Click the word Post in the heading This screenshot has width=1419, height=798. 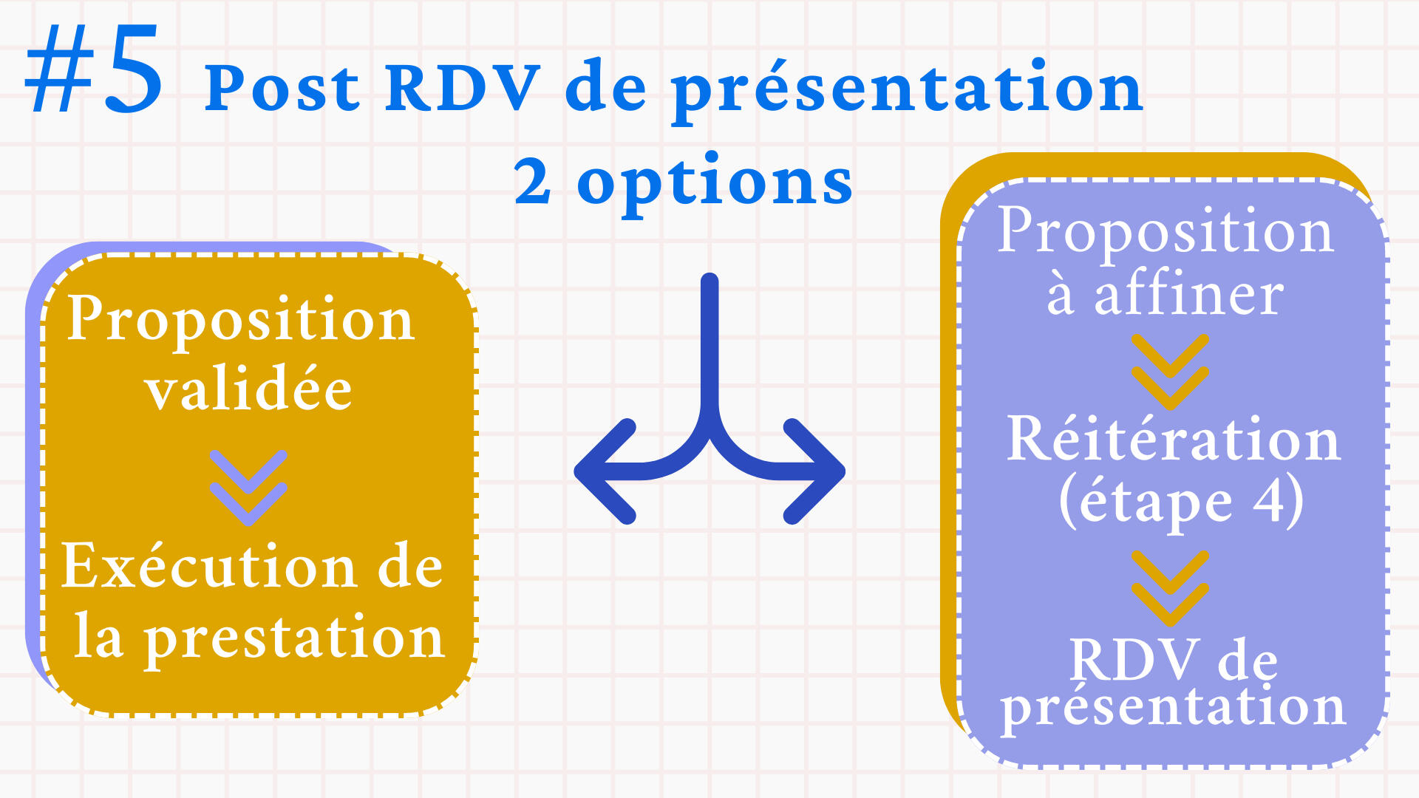282,88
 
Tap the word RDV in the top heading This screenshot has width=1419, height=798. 462,88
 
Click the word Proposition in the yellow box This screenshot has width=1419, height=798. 241,319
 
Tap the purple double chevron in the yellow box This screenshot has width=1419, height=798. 248,488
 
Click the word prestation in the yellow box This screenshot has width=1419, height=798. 294,638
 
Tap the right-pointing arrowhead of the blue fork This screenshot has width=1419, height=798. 814,471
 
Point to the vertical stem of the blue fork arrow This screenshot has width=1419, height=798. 709,347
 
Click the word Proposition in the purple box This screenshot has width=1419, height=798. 1166,232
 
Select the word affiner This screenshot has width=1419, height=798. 1188,294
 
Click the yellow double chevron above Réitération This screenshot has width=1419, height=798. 1171,372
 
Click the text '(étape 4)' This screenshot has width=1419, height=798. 1180,501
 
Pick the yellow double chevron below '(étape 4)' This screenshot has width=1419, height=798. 1171,588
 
